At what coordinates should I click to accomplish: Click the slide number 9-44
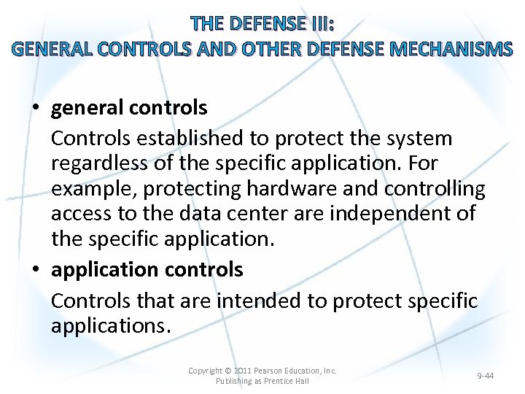pos(485,376)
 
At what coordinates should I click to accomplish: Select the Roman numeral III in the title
pos(320,24)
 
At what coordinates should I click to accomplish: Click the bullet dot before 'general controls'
pos(36,109)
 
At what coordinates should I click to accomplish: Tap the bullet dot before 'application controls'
pos(36,270)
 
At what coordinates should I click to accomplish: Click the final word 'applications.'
pos(111,325)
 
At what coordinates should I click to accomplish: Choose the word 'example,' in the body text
pos(94,188)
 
